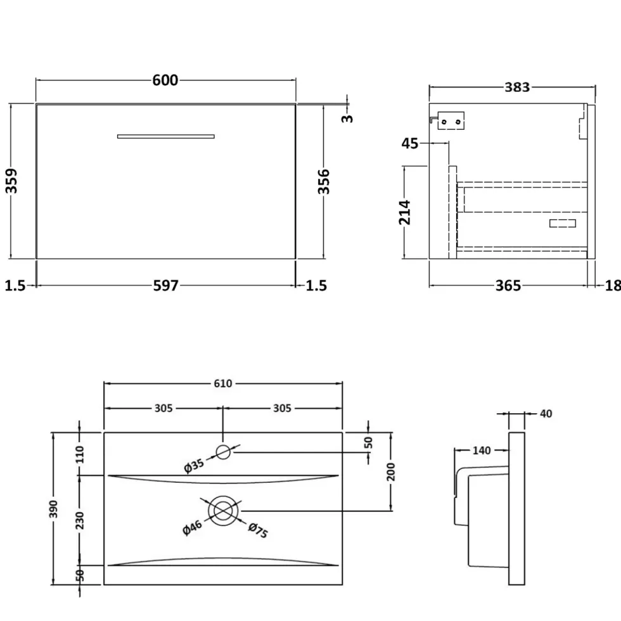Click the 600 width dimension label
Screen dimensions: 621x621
click(165, 80)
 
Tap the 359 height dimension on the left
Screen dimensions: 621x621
click(11, 181)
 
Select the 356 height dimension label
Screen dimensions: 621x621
click(324, 181)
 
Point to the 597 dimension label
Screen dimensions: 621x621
click(166, 286)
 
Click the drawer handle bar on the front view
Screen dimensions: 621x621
click(166, 137)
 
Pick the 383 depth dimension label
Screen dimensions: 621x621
click(517, 87)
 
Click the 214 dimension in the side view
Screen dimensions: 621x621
click(405, 212)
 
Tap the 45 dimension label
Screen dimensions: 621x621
click(409, 143)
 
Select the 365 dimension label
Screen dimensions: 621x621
click(508, 286)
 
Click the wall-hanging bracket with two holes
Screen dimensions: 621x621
click(451, 121)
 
